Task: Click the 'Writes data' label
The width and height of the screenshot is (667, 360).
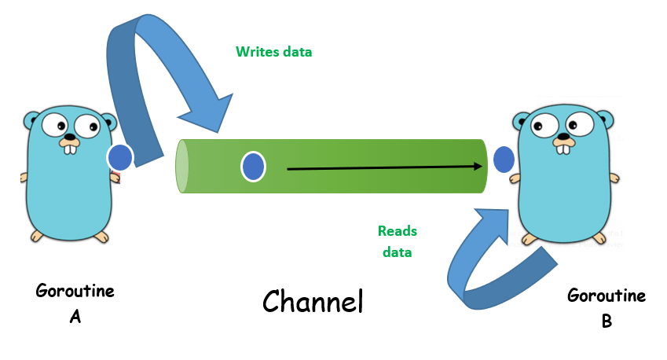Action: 273,52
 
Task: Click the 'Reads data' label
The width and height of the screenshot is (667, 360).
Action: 397,241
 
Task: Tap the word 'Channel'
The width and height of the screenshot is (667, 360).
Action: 313,302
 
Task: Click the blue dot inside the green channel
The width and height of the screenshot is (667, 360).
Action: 253,167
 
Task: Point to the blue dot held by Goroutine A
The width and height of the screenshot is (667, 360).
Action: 120,157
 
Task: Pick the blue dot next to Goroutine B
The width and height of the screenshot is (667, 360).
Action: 503,160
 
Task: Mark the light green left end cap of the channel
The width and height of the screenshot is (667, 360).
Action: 182,166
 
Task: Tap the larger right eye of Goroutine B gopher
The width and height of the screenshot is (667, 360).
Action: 580,124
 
